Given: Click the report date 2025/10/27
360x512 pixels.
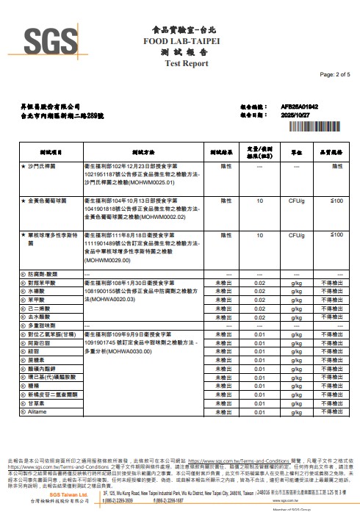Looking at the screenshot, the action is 297,115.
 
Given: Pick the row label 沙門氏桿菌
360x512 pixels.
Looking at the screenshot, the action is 43,167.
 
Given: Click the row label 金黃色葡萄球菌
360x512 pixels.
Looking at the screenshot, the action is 48,201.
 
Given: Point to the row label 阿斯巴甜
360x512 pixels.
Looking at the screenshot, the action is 40,342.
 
